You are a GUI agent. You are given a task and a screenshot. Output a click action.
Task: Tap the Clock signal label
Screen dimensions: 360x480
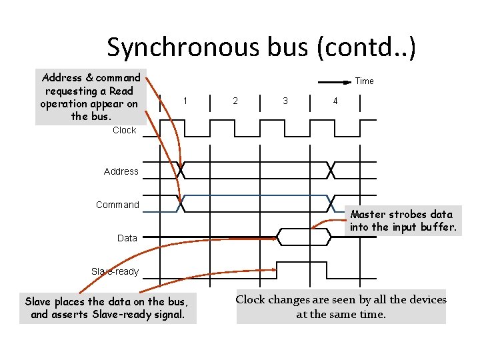point(124,130)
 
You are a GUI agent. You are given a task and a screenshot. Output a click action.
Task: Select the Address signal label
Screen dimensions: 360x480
point(121,171)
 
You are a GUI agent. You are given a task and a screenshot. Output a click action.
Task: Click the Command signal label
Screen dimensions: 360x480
point(117,205)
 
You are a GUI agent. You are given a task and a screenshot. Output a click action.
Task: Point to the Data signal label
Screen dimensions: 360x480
point(127,238)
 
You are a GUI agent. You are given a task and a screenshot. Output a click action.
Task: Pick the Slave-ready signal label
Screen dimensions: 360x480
point(115,271)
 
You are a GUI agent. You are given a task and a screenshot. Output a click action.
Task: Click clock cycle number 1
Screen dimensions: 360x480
point(185,101)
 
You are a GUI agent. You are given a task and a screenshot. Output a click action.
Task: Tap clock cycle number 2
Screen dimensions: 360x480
point(235,101)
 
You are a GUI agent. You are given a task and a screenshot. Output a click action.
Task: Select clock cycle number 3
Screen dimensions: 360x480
point(285,101)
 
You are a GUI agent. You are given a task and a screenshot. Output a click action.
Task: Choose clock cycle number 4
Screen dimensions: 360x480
point(335,101)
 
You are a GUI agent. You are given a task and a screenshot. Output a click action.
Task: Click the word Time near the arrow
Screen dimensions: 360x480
point(364,81)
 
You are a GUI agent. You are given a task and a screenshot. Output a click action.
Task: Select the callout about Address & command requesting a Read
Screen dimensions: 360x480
point(90,97)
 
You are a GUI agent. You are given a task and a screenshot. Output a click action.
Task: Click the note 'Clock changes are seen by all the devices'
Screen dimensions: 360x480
point(341,307)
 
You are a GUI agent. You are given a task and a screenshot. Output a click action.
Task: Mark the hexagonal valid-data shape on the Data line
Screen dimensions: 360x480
point(303,237)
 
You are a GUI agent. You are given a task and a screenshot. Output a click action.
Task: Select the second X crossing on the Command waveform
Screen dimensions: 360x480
point(331,203)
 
